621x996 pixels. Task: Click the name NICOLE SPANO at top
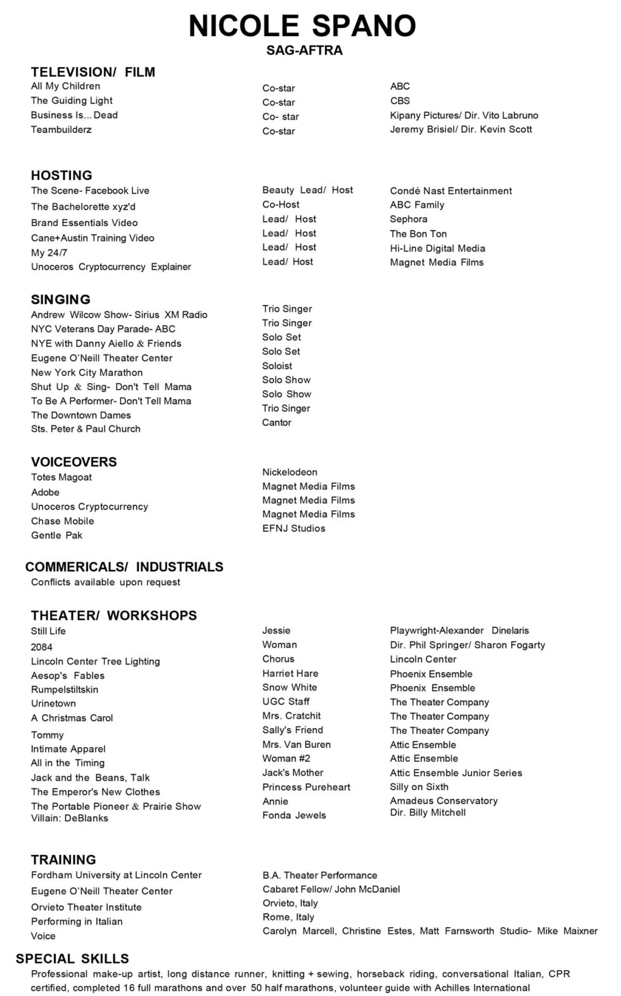tap(302, 26)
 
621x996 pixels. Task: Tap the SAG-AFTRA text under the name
tap(304, 51)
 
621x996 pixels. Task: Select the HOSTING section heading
tap(61, 175)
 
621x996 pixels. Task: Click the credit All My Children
tap(65, 86)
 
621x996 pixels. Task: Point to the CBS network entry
tap(400, 101)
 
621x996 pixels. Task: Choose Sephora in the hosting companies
tap(408, 219)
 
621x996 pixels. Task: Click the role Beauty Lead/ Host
tap(307, 190)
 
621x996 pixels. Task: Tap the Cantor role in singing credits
tap(276, 422)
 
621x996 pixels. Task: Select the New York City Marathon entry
tap(87, 372)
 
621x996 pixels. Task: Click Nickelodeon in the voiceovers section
tap(290, 472)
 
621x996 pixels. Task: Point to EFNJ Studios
tap(293, 528)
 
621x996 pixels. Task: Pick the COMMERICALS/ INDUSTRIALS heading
tap(124, 567)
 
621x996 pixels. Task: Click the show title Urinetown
tap(53, 703)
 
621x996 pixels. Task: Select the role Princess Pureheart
tap(306, 787)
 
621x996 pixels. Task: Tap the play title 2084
tap(42, 647)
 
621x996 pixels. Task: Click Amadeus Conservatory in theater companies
tap(444, 801)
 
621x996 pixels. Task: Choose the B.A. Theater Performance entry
tap(319, 875)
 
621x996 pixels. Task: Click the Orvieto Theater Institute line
tap(86, 907)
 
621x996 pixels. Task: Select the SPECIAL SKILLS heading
tap(72, 959)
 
